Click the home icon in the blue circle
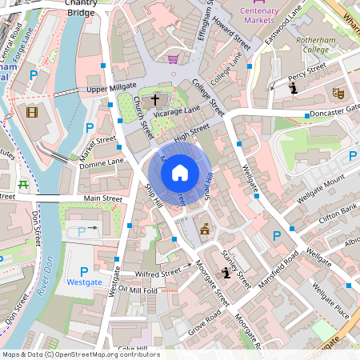point(180,172)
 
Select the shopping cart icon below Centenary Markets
point(172,58)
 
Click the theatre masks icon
point(337,93)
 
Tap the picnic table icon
point(23,186)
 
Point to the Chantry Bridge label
point(82,8)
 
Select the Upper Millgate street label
point(107,89)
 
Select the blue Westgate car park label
point(84,282)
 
